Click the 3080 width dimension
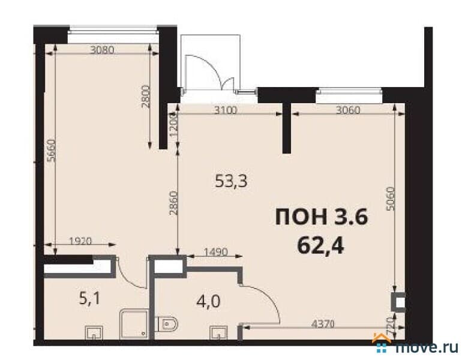pos(102,50)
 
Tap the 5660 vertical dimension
pos(52,150)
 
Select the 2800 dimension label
pos(146,97)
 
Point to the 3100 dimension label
pos(226,110)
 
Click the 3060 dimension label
pos(348,110)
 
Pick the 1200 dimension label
pos(173,126)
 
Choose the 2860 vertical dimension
pos(173,203)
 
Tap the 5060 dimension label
pos(391,199)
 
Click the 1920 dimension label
pos(80,241)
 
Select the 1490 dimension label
pos(216,252)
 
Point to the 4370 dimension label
pos(323,324)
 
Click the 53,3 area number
pos(231,181)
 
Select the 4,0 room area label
pos(208,302)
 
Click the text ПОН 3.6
pos(322,217)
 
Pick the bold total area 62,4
pos(320,246)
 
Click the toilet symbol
pos(167,323)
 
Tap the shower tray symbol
pos(134,324)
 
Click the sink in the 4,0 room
pos(218,332)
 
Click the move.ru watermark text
pos(427,347)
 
